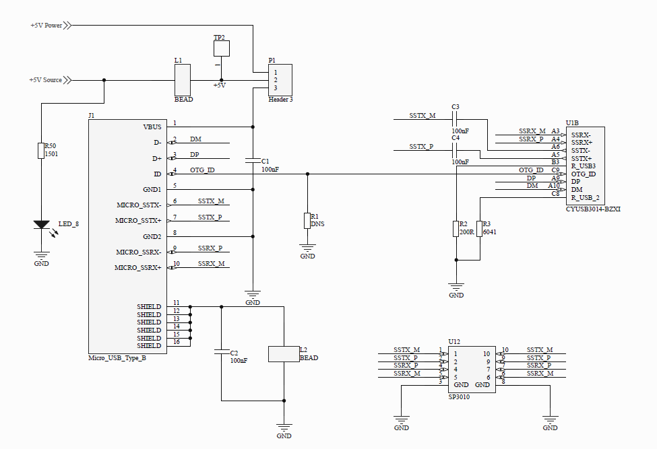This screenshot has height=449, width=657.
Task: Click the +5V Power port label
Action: click(46, 26)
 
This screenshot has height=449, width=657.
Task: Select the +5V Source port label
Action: click(45, 80)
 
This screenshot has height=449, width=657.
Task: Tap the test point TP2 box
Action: click(221, 48)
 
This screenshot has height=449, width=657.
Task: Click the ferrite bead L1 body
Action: click(183, 80)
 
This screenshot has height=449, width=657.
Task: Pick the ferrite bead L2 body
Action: click(283, 354)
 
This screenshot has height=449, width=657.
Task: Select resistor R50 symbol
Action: click(41, 151)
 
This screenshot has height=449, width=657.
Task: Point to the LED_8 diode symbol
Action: click(41, 225)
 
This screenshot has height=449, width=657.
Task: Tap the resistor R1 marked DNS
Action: click(307, 220)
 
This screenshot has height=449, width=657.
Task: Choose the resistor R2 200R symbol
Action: click(456, 228)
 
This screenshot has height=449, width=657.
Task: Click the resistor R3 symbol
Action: click(480, 228)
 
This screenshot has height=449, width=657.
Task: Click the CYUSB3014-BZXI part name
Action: click(593, 209)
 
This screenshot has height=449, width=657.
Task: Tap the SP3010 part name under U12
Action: click(459, 397)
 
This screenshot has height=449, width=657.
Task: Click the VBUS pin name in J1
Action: click(152, 127)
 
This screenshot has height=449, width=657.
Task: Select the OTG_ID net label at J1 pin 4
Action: click(202, 170)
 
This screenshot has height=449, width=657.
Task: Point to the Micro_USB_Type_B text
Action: click(117, 358)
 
